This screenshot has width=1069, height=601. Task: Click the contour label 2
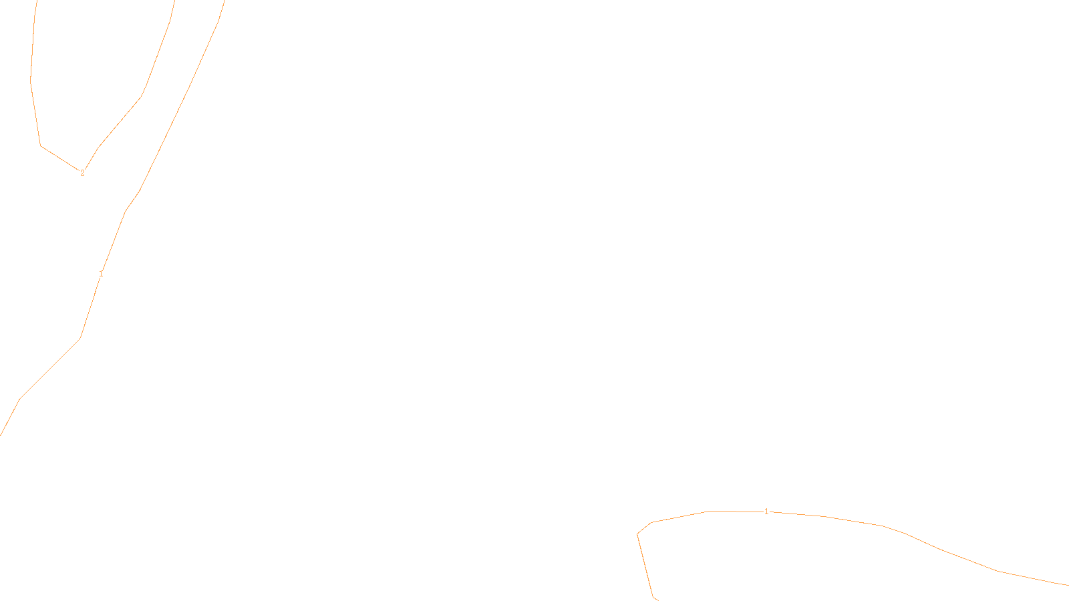click(x=82, y=173)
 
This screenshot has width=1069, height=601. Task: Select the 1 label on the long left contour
click(x=101, y=274)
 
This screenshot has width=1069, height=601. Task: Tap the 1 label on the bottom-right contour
click(x=766, y=512)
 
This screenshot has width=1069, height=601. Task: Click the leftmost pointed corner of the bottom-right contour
click(x=637, y=534)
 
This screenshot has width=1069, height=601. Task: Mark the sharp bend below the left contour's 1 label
click(x=80, y=339)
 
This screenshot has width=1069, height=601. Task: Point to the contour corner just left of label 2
click(x=41, y=146)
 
